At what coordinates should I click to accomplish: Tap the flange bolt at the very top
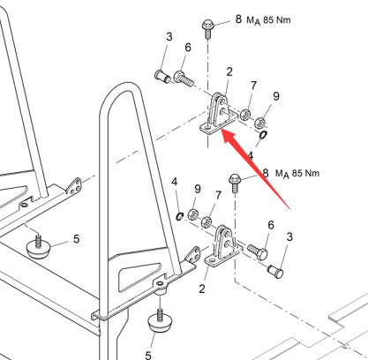(207, 29)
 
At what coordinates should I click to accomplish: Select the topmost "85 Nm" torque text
(277, 20)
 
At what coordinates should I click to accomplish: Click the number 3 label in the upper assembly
(169, 37)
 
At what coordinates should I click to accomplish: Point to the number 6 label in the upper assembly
(188, 48)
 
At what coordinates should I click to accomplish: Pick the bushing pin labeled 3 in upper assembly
(162, 76)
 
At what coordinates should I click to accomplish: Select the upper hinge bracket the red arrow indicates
(219, 114)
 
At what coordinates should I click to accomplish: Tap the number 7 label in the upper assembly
(253, 86)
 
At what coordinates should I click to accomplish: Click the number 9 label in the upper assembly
(276, 96)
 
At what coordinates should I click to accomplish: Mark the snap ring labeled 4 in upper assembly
(263, 135)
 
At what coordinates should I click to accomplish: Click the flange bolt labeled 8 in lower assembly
(235, 183)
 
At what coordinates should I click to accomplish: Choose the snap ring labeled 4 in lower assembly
(179, 216)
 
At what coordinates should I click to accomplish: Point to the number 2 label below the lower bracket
(201, 289)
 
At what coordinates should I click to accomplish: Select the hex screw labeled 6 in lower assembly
(258, 252)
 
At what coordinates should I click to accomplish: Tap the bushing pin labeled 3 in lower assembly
(275, 271)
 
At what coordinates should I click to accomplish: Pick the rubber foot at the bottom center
(160, 323)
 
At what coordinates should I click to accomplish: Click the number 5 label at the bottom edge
(148, 356)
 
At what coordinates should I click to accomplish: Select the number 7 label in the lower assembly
(218, 195)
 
